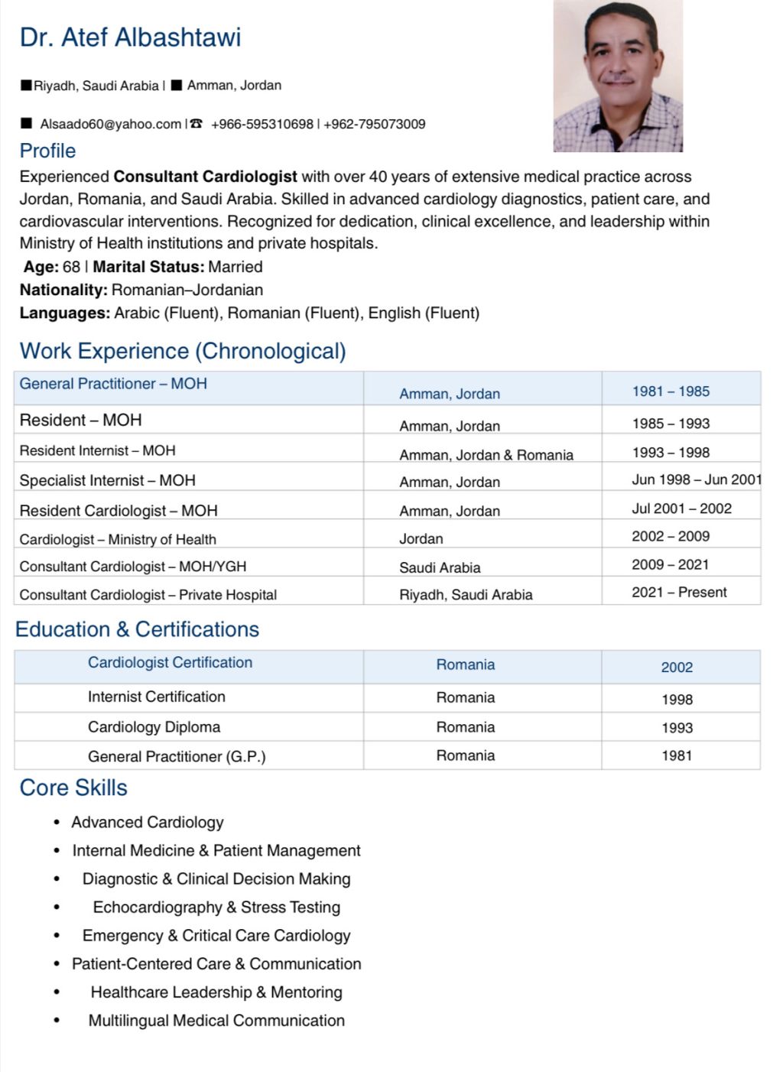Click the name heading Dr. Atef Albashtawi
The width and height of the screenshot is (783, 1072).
pyautogui.click(x=130, y=37)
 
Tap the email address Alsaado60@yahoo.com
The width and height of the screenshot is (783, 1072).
pyautogui.click(x=111, y=124)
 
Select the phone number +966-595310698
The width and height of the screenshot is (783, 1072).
pyautogui.click(x=262, y=124)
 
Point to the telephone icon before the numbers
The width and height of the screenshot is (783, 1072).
pyautogui.click(x=197, y=123)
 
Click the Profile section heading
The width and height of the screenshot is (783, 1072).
pyautogui.click(x=47, y=151)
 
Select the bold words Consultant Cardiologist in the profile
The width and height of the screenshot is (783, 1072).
pyautogui.click(x=205, y=177)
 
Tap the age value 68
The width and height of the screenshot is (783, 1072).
pyautogui.click(x=71, y=267)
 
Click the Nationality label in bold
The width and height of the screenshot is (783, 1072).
pyautogui.click(x=63, y=290)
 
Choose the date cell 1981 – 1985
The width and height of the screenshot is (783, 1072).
pyautogui.click(x=671, y=391)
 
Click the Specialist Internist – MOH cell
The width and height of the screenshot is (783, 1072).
pyautogui.click(x=107, y=480)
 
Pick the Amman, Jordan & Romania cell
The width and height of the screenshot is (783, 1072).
pyautogui.click(x=486, y=455)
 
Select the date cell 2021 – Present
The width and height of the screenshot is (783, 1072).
pyautogui.click(x=679, y=592)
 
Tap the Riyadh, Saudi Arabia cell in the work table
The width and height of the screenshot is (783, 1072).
pyautogui.click(x=466, y=595)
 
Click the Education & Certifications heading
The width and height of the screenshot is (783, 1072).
pyautogui.click(x=137, y=629)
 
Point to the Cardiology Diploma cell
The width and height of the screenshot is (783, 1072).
pyautogui.click(x=154, y=727)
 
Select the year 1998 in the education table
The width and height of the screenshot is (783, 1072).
pyautogui.click(x=677, y=700)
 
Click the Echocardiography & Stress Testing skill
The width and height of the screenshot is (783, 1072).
pyautogui.click(x=216, y=907)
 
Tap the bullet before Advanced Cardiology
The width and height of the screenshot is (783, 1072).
pyautogui.click(x=57, y=823)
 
